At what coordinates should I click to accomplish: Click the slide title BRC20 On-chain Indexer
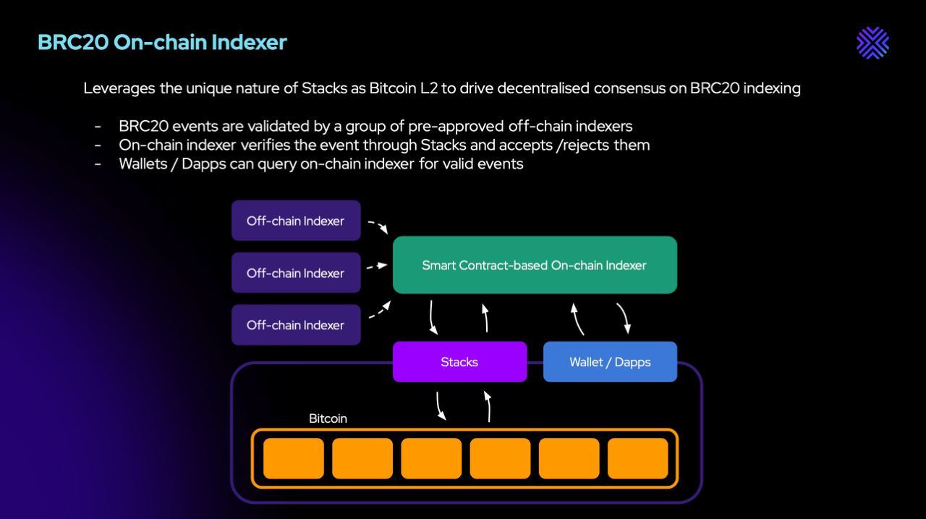coord(162,42)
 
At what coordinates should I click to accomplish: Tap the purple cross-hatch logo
coord(872,43)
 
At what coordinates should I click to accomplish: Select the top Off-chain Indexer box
coord(296,221)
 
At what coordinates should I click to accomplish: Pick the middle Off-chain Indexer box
coord(296,273)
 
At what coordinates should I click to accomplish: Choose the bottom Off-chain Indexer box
coord(296,325)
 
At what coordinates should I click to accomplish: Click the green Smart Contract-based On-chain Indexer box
coord(535,265)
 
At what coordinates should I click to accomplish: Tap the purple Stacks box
coord(459,362)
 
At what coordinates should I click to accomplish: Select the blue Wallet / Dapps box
coord(610,362)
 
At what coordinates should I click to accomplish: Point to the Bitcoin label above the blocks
coord(328,418)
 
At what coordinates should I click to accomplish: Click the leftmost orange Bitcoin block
coord(294,458)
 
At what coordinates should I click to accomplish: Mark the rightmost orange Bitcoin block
coord(637,458)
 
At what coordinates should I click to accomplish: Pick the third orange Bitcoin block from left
coord(431,458)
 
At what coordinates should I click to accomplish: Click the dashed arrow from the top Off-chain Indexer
coord(378,226)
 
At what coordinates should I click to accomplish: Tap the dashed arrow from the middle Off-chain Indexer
coord(377,266)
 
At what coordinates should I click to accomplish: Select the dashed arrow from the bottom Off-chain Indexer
coord(380,311)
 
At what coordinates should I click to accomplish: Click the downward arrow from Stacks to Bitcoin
coord(439,405)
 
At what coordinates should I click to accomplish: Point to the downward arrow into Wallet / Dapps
coord(624,318)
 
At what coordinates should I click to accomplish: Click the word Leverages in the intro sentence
coord(119,88)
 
